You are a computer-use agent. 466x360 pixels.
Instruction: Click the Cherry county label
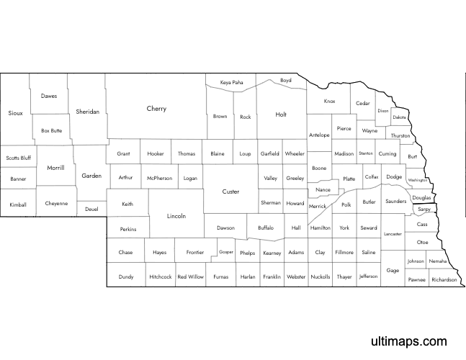click(x=156, y=109)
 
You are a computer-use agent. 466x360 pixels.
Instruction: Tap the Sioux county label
click(x=16, y=113)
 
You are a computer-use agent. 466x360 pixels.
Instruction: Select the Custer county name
click(x=230, y=192)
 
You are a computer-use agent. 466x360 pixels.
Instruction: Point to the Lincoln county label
click(x=176, y=216)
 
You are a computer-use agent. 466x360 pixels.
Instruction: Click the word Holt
click(x=281, y=114)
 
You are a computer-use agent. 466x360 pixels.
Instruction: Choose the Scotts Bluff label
click(x=19, y=158)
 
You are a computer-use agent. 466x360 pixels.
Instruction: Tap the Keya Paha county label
click(x=232, y=83)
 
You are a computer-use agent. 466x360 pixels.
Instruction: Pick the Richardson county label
click(x=444, y=279)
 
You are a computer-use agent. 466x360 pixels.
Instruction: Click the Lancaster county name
click(x=393, y=234)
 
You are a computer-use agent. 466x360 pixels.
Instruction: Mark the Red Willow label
click(x=191, y=276)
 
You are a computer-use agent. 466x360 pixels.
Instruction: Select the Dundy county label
click(x=126, y=276)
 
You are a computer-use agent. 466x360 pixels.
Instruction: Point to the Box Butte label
click(x=52, y=130)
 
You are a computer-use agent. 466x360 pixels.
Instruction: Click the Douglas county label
click(x=422, y=197)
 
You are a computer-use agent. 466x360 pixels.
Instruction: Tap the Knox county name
click(x=330, y=102)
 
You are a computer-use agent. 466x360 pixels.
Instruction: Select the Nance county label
click(x=323, y=190)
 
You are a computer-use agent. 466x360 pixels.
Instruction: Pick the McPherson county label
click(x=159, y=177)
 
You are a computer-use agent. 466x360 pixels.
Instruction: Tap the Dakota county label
click(x=400, y=117)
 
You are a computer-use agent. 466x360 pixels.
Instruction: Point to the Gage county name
click(x=393, y=270)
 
